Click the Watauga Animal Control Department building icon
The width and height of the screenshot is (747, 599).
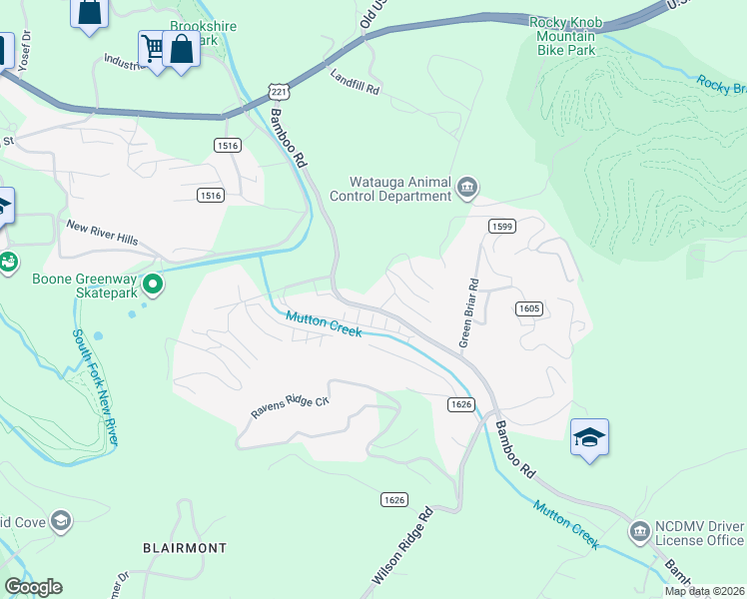(x=467, y=187)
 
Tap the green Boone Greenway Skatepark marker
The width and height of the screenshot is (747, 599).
(x=153, y=286)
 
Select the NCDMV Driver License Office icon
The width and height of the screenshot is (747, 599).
(x=639, y=532)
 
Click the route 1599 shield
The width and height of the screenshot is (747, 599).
(x=502, y=227)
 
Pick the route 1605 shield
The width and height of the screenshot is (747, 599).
(x=529, y=308)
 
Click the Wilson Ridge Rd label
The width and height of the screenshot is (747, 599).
(x=402, y=547)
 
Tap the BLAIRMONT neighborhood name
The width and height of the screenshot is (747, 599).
(x=185, y=548)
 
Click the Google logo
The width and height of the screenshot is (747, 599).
(x=33, y=587)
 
